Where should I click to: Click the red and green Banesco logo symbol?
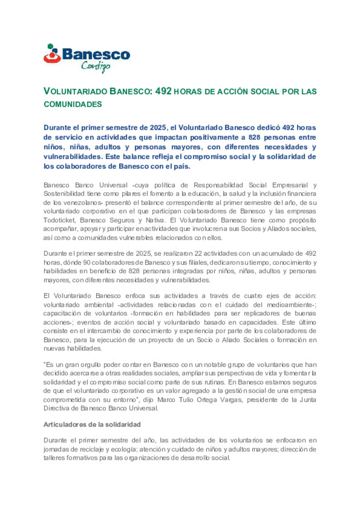[x=52, y=54]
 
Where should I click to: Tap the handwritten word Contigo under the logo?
[x=96, y=66]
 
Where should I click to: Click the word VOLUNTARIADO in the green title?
[x=75, y=91]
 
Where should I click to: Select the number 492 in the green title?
[x=163, y=91]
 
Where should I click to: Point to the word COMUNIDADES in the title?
[x=73, y=104]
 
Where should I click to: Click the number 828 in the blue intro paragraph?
[x=254, y=137]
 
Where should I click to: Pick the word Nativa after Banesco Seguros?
[x=155, y=220]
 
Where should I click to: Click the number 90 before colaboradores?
[x=87, y=262]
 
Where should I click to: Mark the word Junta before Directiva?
[x=308, y=400]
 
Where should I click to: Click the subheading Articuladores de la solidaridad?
[x=92, y=424]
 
